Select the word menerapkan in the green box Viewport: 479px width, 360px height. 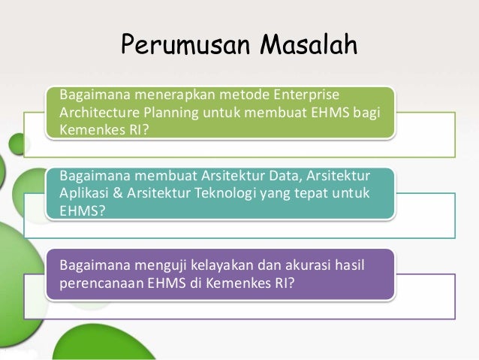point(160,95)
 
